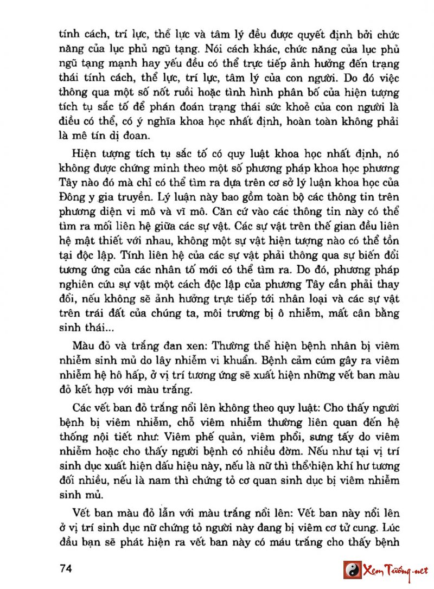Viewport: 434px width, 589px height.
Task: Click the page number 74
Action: pos(66,569)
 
